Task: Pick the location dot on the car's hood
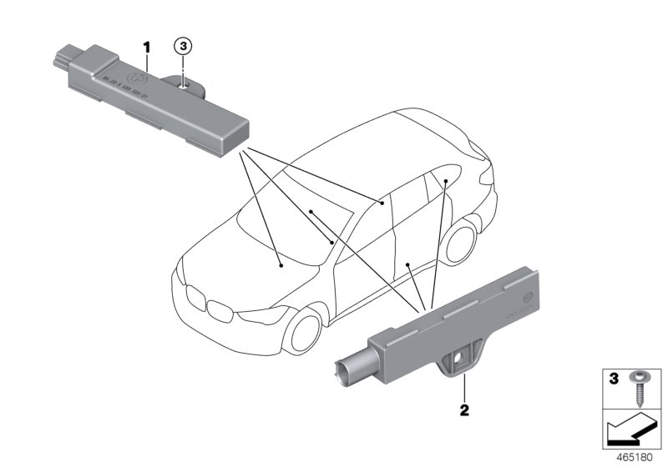(x=281, y=264)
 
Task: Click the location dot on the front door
(x=407, y=264)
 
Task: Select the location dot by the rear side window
(x=447, y=180)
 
